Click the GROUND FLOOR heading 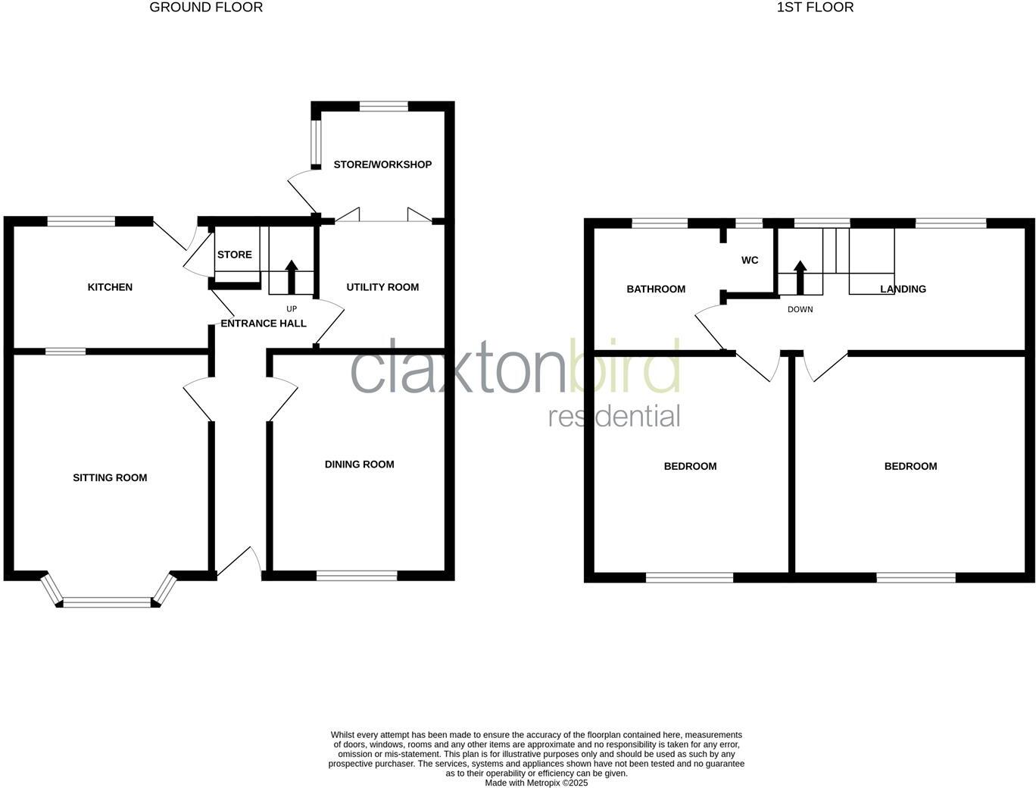tap(206, 8)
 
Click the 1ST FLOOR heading tap(815, 8)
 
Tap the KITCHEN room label tap(110, 287)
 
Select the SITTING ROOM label tap(110, 477)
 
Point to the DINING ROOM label tap(359, 464)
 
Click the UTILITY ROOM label tap(382, 287)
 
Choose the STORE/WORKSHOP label tap(382, 164)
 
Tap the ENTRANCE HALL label tap(264, 324)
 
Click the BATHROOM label tap(656, 289)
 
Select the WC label tap(750, 261)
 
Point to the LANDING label tap(903, 289)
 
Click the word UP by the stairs tap(292, 309)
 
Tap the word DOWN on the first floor tap(800, 310)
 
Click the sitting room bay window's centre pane tap(107, 603)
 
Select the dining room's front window tap(357, 576)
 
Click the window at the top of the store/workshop tap(384, 106)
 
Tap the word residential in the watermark tap(614, 417)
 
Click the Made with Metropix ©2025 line tap(536, 783)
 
